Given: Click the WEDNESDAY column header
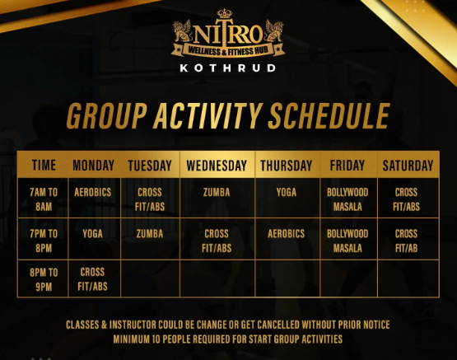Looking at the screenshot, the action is (x=217, y=166).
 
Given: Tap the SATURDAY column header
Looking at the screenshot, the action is (x=408, y=166).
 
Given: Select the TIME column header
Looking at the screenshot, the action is (x=44, y=166).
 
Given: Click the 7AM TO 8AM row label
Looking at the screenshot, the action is (x=44, y=199).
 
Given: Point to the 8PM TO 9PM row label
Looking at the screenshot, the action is (x=44, y=279).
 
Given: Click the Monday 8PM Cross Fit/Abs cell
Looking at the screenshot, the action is (x=92, y=279).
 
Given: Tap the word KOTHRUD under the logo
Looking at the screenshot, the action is (x=227, y=68).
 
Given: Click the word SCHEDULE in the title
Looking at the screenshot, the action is (x=329, y=116).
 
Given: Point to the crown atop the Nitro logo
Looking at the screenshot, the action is (x=225, y=13).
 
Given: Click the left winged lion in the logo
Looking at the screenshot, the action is (x=182, y=31).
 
